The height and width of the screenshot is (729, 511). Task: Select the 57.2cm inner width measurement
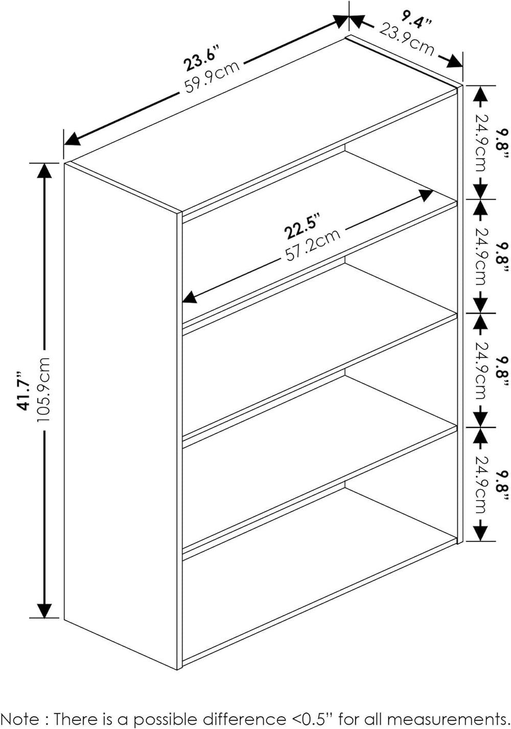(312, 245)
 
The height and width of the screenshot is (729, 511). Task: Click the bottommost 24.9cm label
(480, 484)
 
